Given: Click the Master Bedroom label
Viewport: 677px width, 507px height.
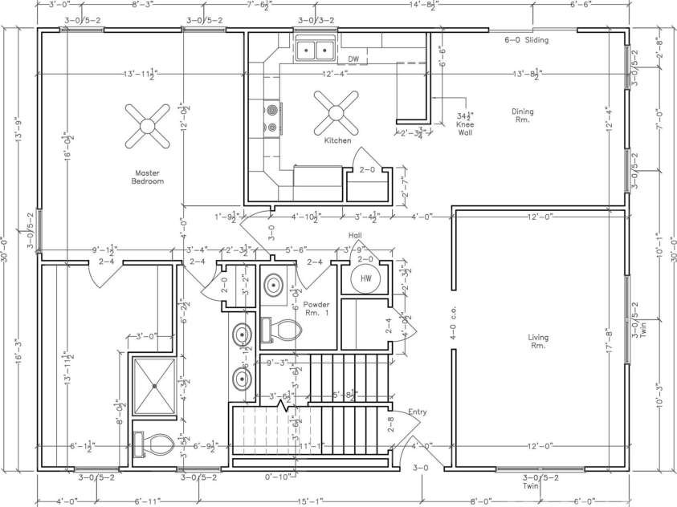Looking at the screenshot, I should [x=149, y=176].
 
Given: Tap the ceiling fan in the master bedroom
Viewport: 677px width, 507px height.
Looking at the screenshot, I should [x=146, y=125].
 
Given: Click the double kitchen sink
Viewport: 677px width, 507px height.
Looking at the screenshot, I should [x=316, y=51].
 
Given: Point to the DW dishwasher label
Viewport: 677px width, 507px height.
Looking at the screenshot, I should [x=353, y=59].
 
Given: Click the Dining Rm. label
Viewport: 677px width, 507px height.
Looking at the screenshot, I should [x=523, y=116].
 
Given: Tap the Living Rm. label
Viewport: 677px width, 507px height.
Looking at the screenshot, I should [x=537, y=341].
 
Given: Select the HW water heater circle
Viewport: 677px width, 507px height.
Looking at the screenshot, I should [x=365, y=278].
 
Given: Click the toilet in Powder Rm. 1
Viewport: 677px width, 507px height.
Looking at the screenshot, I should [x=278, y=329].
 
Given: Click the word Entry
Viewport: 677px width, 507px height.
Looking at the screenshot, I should [x=417, y=412].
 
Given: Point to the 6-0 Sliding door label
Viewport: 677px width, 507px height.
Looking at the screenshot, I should [x=526, y=40].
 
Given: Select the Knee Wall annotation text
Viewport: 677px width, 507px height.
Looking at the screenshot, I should [x=464, y=120].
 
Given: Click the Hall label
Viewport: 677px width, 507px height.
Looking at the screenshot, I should [x=355, y=235].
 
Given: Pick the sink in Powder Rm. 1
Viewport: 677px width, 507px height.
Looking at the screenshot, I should [x=275, y=284].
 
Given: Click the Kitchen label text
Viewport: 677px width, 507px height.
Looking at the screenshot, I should [x=337, y=140].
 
